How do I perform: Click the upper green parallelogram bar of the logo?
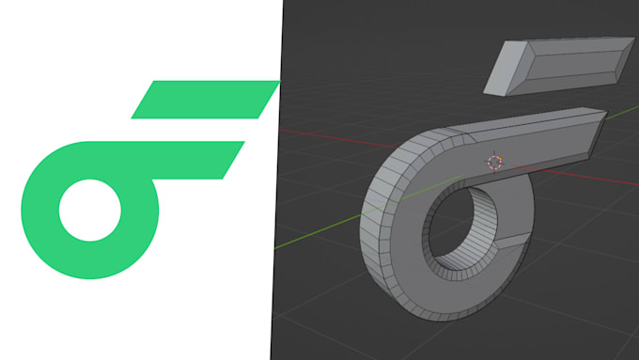point(205,100)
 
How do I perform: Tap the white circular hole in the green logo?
point(90,209)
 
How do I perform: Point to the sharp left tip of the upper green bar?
point(133,117)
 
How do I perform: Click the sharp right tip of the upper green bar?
point(278,83)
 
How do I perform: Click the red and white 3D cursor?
point(495,162)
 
